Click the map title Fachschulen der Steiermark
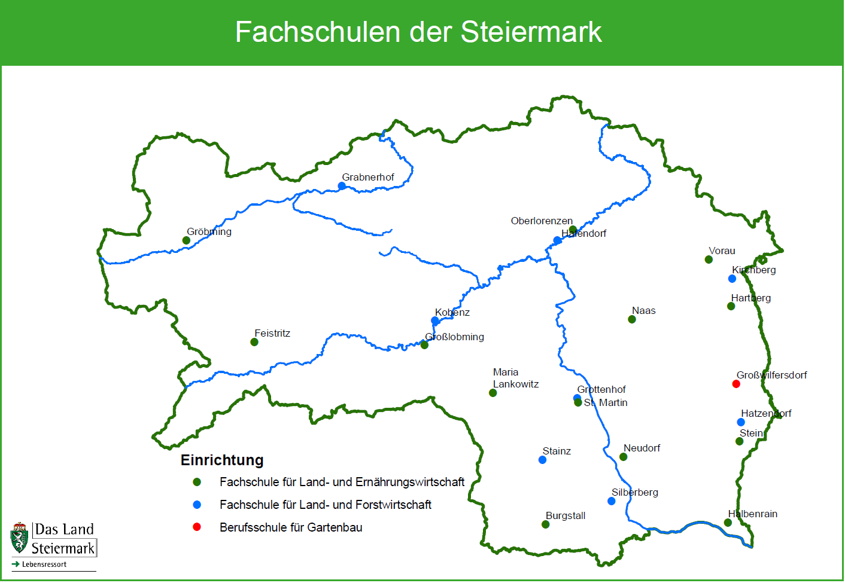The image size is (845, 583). [418, 32]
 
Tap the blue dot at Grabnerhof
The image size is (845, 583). [342, 186]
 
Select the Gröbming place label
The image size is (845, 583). [209, 232]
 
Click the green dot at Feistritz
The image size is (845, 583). [254, 342]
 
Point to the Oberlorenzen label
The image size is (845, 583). [542, 221]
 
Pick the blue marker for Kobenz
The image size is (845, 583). [435, 321]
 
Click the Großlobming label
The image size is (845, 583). [455, 337]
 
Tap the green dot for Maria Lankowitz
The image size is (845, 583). [493, 393]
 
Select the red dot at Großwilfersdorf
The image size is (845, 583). [736, 384]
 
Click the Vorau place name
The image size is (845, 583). [722, 251]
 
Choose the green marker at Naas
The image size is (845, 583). [632, 319]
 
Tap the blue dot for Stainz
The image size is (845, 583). [542, 460]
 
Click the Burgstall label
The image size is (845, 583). [566, 516]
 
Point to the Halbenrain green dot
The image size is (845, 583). [728, 523]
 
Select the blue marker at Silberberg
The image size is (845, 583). [611, 501]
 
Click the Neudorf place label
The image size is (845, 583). [642, 448]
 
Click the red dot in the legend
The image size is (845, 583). [197, 527]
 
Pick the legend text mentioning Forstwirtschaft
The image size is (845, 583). [325, 505]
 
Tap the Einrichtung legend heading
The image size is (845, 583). [222, 460]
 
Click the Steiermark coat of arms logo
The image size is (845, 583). [20, 538]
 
